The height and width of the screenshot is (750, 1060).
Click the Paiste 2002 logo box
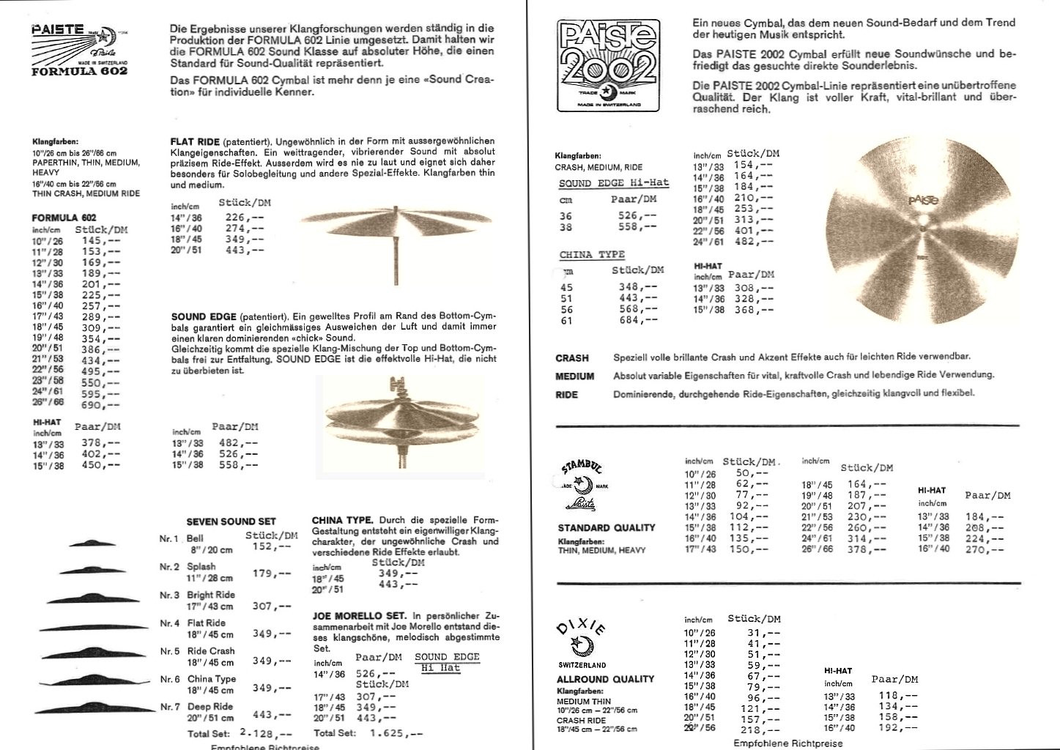point(608,66)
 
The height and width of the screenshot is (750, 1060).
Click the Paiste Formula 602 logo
point(80,49)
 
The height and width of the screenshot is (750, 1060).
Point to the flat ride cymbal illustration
point(396,224)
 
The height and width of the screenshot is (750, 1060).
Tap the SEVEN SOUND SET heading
point(231,521)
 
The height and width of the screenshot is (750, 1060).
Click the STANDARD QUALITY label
point(607,527)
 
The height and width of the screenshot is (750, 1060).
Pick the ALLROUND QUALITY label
point(605,679)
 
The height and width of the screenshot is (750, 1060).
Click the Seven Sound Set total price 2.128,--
point(265,733)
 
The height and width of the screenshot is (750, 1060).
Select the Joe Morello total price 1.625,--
point(396,732)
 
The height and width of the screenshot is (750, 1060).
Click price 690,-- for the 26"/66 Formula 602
point(100,405)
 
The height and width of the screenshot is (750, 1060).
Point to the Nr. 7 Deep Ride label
point(210,707)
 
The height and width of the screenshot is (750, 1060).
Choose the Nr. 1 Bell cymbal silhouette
point(93,543)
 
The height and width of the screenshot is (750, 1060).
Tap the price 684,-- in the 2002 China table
point(638,320)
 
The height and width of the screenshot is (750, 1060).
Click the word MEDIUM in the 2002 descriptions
point(575,376)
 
